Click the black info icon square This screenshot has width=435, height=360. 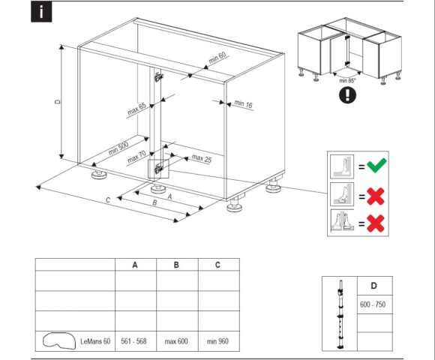coord(41,12)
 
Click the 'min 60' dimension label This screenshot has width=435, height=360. coord(217,58)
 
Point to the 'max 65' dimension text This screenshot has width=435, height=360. coord(136,109)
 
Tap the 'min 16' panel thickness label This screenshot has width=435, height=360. coord(243,103)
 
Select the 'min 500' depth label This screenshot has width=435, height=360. coord(118,148)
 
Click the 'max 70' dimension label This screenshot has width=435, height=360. coord(136,157)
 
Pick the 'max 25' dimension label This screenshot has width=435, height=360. coord(202,158)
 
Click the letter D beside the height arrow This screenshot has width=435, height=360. coord(58,101)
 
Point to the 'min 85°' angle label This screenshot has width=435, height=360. coord(347,81)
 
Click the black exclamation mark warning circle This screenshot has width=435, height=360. coord(347,94)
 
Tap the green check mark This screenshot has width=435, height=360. coord(376,165)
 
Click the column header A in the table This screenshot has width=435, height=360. coord(135,265)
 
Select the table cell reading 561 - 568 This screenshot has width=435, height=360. coord(133,340)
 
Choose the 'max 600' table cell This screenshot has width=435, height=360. coord(176,341)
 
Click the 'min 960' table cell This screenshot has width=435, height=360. coord(217,341)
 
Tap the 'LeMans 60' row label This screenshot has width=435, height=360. coord(95,341)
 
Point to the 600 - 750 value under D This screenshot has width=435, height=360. coord(373,304)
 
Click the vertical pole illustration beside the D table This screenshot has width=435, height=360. coord(340,314)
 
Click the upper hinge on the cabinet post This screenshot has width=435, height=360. coord(158,76)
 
